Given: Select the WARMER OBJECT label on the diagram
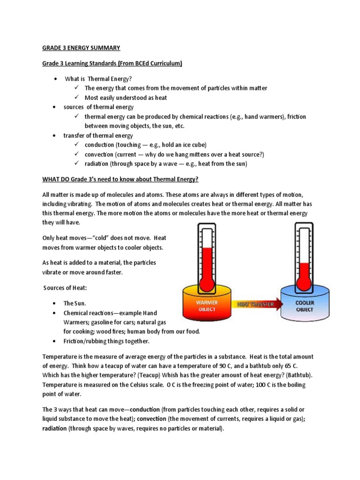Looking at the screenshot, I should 206,306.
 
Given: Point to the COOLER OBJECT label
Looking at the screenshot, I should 305,306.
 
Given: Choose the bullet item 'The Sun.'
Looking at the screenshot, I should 75,303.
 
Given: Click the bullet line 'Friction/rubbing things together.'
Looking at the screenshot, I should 106,341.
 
